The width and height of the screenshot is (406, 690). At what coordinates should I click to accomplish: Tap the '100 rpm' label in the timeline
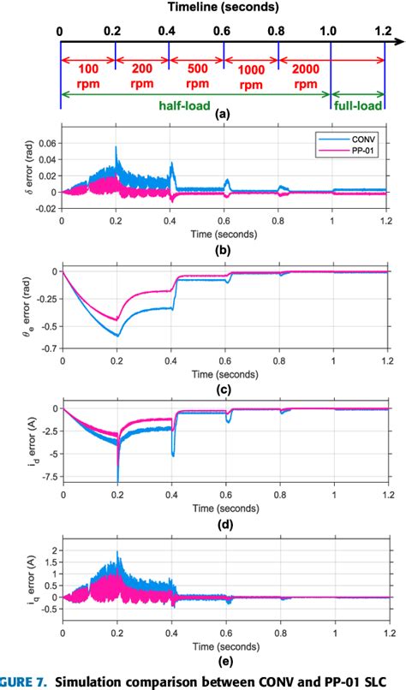[x=88, y=74]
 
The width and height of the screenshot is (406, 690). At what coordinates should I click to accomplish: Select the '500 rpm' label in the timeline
[x=196, y=74]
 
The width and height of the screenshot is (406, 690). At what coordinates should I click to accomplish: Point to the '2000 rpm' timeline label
[x=305, y=74]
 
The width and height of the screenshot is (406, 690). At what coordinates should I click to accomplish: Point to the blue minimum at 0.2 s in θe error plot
[x=116, y=336]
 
